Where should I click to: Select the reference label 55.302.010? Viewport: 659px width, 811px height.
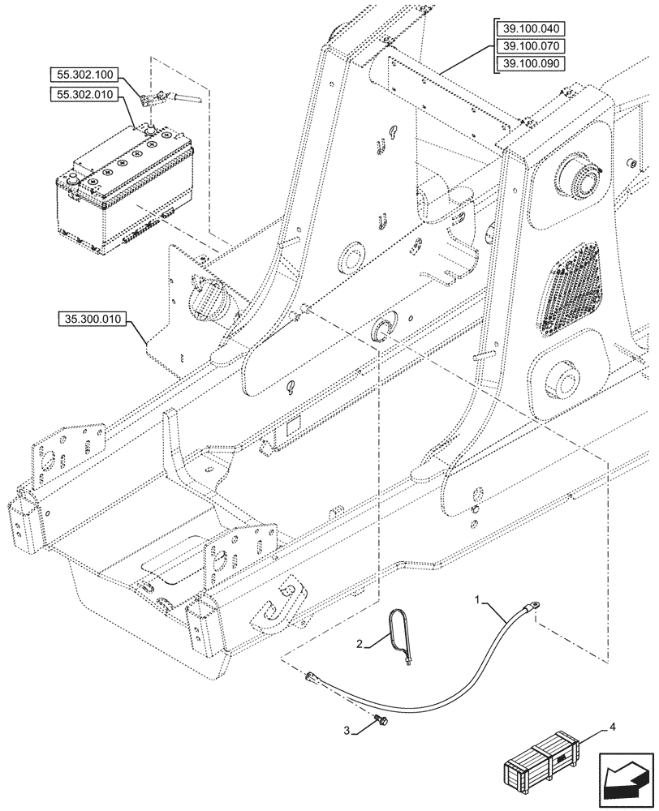(x=86, y=96)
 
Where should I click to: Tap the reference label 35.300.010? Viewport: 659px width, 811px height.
(x=90, y=320)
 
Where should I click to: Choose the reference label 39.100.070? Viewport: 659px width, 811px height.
(x=531, y=47)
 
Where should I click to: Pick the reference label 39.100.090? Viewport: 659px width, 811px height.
(x=531, y=64)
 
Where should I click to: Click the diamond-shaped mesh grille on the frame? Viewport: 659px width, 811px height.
(x=572, y=288)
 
